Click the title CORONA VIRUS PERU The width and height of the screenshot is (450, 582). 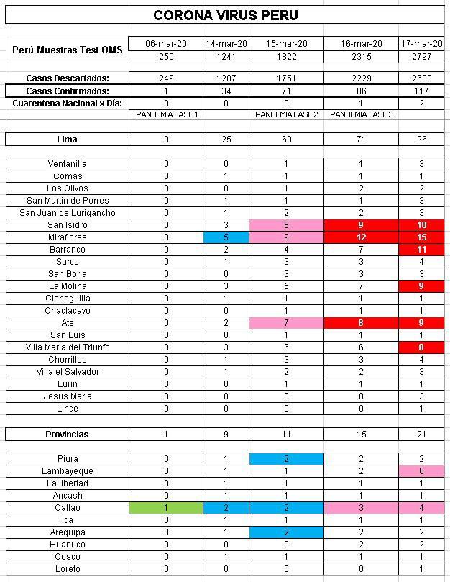click(226, 15)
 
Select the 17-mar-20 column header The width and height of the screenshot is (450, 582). click(421, 44)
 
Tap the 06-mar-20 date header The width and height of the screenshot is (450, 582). click(166, 44)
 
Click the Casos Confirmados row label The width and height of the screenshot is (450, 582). click(68, 91)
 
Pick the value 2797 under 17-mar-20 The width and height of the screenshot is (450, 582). click(421, 56)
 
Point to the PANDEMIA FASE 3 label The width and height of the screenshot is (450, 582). click(361, 115)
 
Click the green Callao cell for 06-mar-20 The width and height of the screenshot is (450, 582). click(166, 508)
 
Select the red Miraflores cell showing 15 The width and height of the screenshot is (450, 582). click(421, 237)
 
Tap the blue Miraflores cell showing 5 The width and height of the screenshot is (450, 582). click(226, 237)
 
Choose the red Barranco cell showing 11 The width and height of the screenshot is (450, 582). click(421, 250)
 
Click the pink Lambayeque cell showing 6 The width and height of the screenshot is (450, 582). click(421, 471)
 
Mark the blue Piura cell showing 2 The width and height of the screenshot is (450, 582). click(287, 459)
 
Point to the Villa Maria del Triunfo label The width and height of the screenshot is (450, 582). click(68, 347)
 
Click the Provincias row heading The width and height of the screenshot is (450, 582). click(68, 435)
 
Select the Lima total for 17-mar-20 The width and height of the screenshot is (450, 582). click(421, 140)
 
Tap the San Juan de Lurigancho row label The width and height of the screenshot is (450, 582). click(68, 213)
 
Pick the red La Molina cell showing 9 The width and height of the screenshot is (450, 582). click(421, 286)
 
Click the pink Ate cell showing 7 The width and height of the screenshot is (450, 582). click(287, 323)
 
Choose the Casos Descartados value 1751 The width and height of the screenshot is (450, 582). click(287, 78)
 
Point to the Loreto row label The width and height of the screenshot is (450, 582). click(68, 569)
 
